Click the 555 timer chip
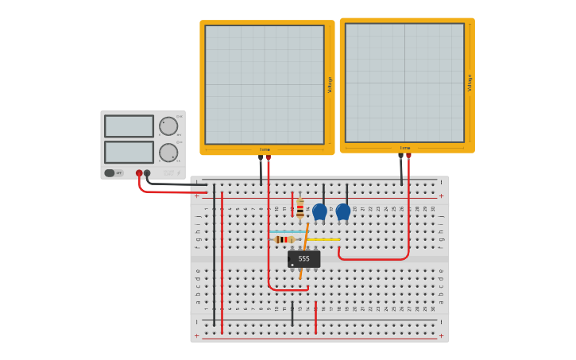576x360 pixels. tap(303, 259)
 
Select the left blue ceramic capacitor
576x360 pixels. tap(319, 211)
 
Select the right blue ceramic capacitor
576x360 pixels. tap(343, 211)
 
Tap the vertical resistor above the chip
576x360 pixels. tap(300, 207)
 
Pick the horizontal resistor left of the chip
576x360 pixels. tap(283, 239)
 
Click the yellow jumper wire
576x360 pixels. tap(323, 239)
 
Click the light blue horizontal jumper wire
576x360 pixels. tap(288, 231)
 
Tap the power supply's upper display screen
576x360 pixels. tap(129, 126)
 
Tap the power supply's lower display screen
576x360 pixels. tap(129, 152)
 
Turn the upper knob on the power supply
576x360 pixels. tap(168, 126)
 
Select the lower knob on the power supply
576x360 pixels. tap(168, 153)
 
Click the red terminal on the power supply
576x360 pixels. tap(139, 173)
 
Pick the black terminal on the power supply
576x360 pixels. tap(147, 173)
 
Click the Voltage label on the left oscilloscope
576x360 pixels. tap(330, 85)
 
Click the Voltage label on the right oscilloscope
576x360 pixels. tap(470, 83)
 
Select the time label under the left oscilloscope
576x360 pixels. tap(265, 149)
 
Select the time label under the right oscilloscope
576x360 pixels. tap(405, 148)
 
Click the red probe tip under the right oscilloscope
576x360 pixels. tap(408, 157)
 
